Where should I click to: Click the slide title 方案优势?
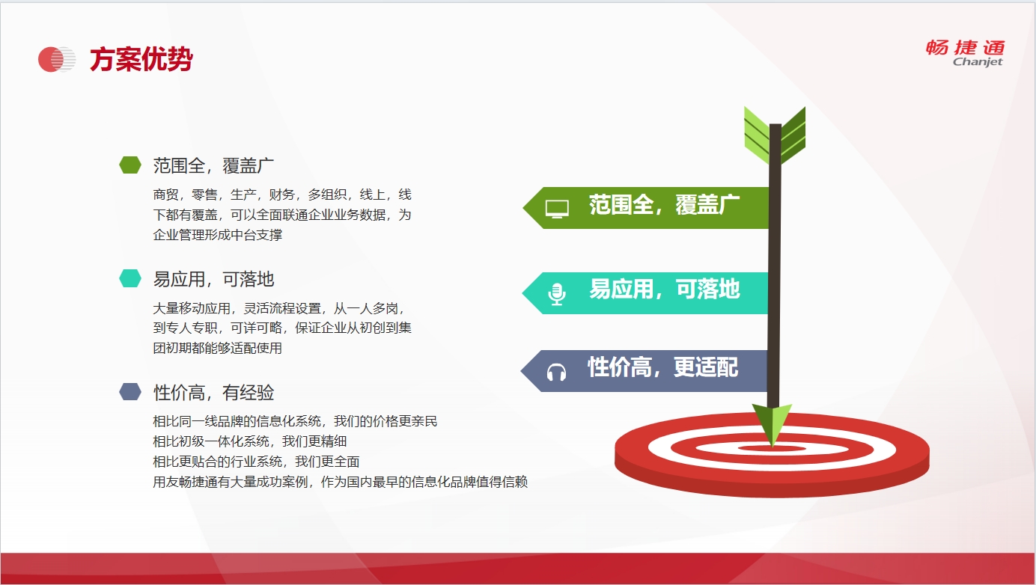141,59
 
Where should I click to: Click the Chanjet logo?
965,53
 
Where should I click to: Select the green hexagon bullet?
130,165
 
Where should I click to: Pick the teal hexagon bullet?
130,278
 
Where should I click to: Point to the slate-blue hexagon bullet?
130,391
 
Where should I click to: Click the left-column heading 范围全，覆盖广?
213,165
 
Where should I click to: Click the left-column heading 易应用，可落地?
213,279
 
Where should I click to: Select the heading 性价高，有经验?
213,393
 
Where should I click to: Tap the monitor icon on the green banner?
557,209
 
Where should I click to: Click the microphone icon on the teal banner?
556,294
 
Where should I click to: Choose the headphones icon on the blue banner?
556,372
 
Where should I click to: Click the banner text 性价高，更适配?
662,368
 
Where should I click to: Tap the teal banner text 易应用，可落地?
664,290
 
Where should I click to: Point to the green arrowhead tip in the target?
773,447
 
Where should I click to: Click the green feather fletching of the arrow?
775,135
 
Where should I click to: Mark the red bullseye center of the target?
772,448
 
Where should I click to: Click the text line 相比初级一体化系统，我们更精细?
250,441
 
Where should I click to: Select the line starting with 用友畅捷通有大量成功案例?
340,482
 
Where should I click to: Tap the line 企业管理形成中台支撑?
217,235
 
